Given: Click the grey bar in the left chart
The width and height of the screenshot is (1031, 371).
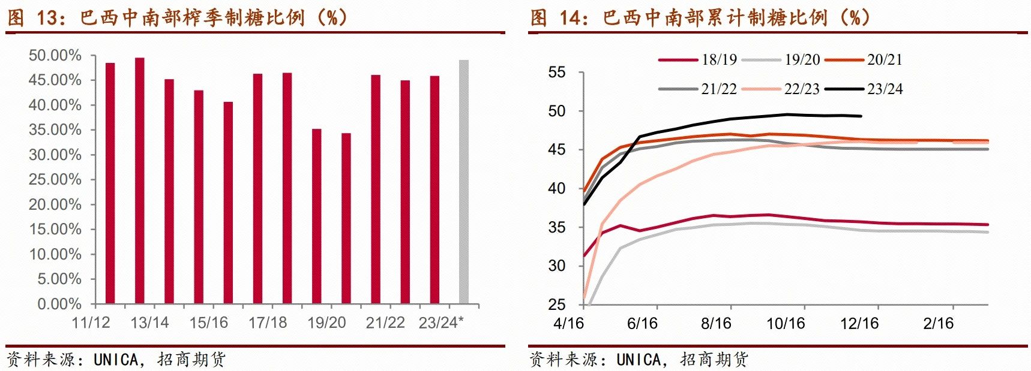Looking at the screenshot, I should tap(463, 182).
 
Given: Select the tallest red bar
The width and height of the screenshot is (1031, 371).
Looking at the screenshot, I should tap(139, 180).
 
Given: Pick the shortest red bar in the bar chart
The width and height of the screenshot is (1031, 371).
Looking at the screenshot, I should tap(346, 218).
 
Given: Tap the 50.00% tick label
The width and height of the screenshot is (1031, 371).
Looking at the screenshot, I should tap(55, 56).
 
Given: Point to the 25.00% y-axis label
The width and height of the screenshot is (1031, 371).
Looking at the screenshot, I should tap(55, 180).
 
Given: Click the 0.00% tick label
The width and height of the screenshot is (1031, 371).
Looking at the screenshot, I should tap(59, 304).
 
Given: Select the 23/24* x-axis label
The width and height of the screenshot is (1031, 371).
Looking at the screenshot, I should tap(441, 323).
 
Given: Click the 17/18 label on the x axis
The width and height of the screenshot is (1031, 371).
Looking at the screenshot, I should tap(268, 323).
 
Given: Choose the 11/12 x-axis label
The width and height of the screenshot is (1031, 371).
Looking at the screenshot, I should tap(91, 323).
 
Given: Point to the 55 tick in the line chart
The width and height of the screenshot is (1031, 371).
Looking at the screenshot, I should tap(557, 73).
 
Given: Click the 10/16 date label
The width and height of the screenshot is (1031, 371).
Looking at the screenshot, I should tap(786, 324).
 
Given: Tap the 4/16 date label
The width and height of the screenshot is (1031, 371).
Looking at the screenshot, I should tap(569, 324).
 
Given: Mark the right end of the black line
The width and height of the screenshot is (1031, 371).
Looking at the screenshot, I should tap(861, 116).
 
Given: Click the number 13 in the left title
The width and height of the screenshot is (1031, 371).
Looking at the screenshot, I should tap(46, 18).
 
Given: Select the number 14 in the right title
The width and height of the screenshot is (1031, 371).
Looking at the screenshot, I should tap(570, 18).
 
